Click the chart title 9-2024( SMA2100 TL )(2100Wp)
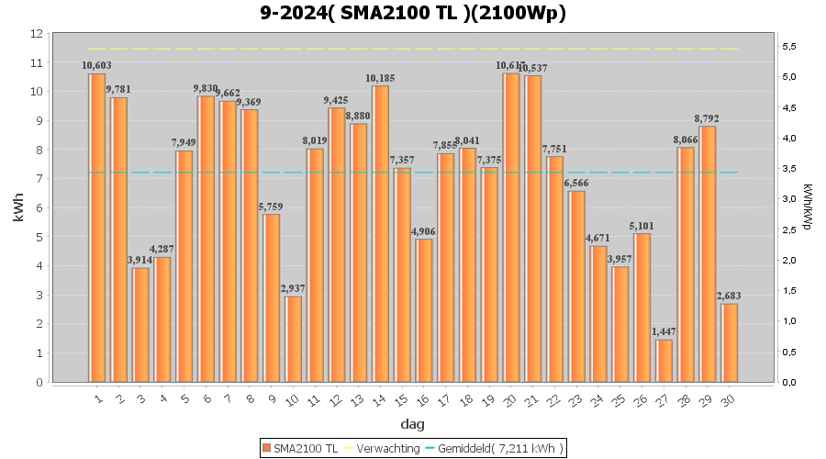pos(413,13)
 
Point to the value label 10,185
pos(380,78)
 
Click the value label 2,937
pos(293,289)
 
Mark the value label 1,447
pos(664,332)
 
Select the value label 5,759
pos(271,207)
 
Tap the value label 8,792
pos(707,118)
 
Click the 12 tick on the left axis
pos(38,34)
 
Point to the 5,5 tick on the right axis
pos(787,46)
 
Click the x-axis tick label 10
pos(291,399)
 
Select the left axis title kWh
pos(18,208)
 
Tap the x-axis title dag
pos(413,424)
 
